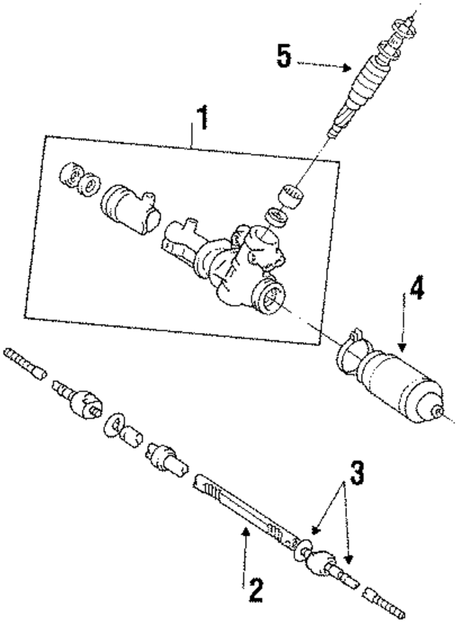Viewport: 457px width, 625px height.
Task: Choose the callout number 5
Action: pos(284,57)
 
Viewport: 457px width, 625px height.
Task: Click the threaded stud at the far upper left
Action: pos(26,363)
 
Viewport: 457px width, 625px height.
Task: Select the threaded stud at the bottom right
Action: pos(386,601)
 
